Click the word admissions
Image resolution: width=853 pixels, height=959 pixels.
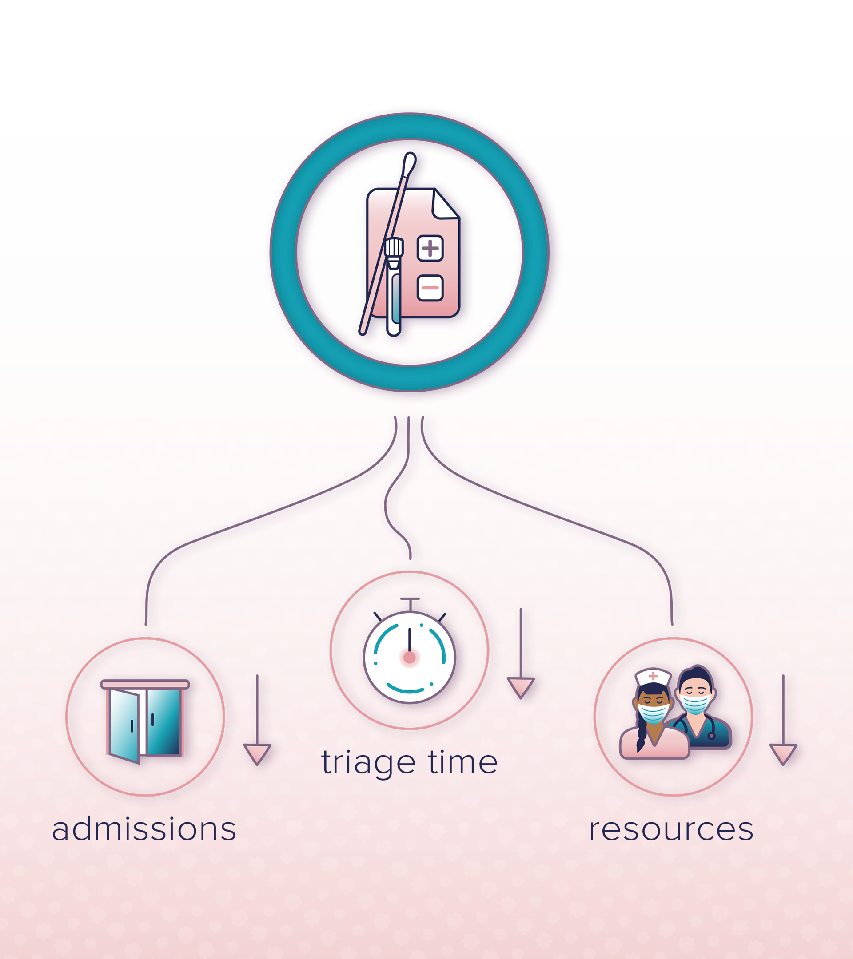[x=143, y=829]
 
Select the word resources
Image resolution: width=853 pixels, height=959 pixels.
[x=671, y=829]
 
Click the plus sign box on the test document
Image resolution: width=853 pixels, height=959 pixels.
[x=430, y=248]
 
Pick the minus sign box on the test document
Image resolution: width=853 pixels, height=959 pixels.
[x=430, y=288]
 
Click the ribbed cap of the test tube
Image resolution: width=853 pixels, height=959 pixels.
[x=394, y=247]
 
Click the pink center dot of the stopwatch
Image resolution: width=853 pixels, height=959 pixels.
[x=409, y=658]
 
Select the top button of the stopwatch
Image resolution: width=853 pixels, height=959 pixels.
[x=410, y=600]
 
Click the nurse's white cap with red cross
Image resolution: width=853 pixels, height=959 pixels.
[x=653, y=676]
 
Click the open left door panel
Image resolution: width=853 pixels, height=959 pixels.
[x=124, y=725]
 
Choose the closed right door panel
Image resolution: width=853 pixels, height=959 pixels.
[x=163, y=721]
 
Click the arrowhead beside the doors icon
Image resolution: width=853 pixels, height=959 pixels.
[x=257, y=753]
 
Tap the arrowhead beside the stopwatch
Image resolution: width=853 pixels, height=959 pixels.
[x=521, y=687]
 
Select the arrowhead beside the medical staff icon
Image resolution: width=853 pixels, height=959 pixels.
[x=783, y=753]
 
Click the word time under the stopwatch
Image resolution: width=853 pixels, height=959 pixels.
[x=462, y=762]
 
